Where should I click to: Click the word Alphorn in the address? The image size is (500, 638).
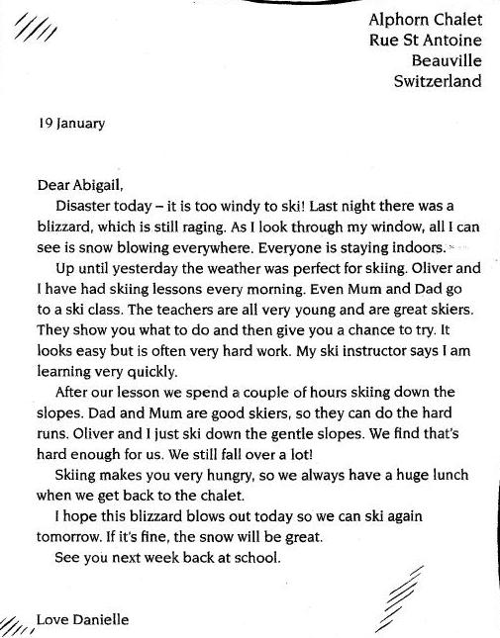pos(397,18)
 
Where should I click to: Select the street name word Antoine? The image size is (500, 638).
pos(450,40)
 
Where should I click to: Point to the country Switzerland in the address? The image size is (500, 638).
pos(438,81)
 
